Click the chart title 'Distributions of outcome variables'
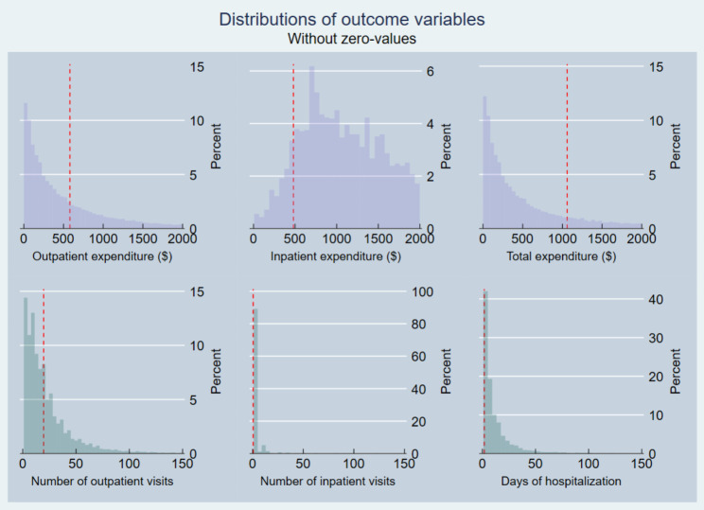(x=351, y=19)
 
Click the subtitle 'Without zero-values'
(x=351, y=39)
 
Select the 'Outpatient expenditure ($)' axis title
(x=88, y=256)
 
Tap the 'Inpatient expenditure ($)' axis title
(x=323, y=256)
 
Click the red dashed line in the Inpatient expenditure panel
(x=293, y=142)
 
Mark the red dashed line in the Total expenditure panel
(x=567, y=142)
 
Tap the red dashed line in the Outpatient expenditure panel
(x=70, y=142)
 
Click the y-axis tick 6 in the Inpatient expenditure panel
(x=429, y=71)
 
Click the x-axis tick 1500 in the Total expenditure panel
(x=603, y=239)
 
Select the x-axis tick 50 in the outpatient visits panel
(x=76, y=465)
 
